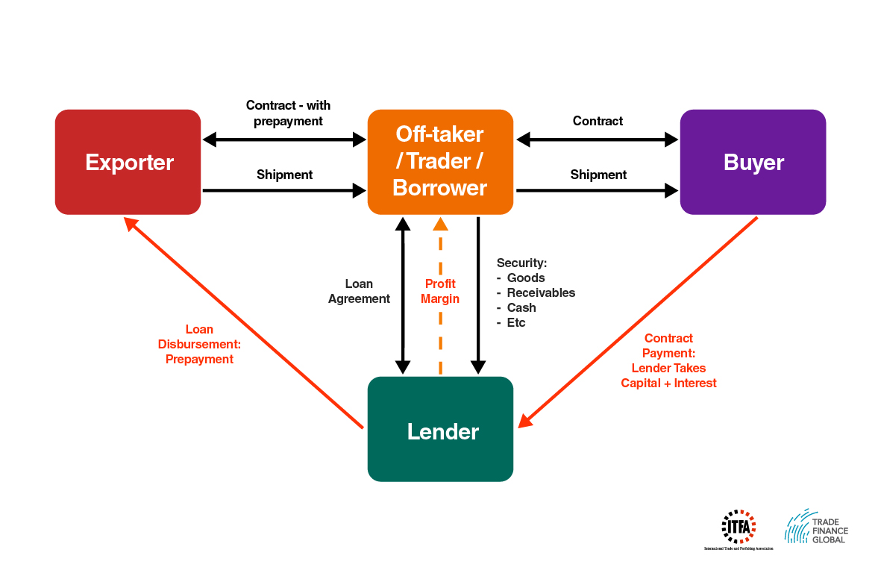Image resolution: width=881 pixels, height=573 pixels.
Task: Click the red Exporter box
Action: pos(128,162)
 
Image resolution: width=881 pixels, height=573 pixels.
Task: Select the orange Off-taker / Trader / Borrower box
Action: pos(440,162)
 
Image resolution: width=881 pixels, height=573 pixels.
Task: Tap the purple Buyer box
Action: pos(753,162)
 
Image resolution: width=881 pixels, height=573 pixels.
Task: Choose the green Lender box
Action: pos(440,430)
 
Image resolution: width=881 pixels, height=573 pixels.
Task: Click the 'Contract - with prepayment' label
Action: pos(288,113)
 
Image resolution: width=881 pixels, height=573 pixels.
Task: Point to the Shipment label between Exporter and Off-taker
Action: pos(284,175)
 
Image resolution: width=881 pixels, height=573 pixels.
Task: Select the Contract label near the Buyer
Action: pos(598,121)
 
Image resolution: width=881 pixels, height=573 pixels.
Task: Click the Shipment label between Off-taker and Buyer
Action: pos(598,175)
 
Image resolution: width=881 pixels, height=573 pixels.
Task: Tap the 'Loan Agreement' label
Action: pos(359,291)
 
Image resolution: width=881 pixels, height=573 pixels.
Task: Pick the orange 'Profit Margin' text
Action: pos(440,291)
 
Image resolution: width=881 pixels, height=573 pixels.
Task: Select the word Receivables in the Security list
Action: pos(541,292)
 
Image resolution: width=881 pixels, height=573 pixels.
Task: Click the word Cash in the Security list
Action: pos(521,307)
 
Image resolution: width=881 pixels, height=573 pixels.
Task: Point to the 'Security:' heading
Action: pos(522,263)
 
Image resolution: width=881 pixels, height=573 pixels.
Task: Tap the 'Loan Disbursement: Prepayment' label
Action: pos(199,344)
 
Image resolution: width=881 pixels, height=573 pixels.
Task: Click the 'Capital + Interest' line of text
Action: pos(668,383)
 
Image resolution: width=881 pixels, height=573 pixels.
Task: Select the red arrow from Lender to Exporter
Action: pos(246,325)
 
